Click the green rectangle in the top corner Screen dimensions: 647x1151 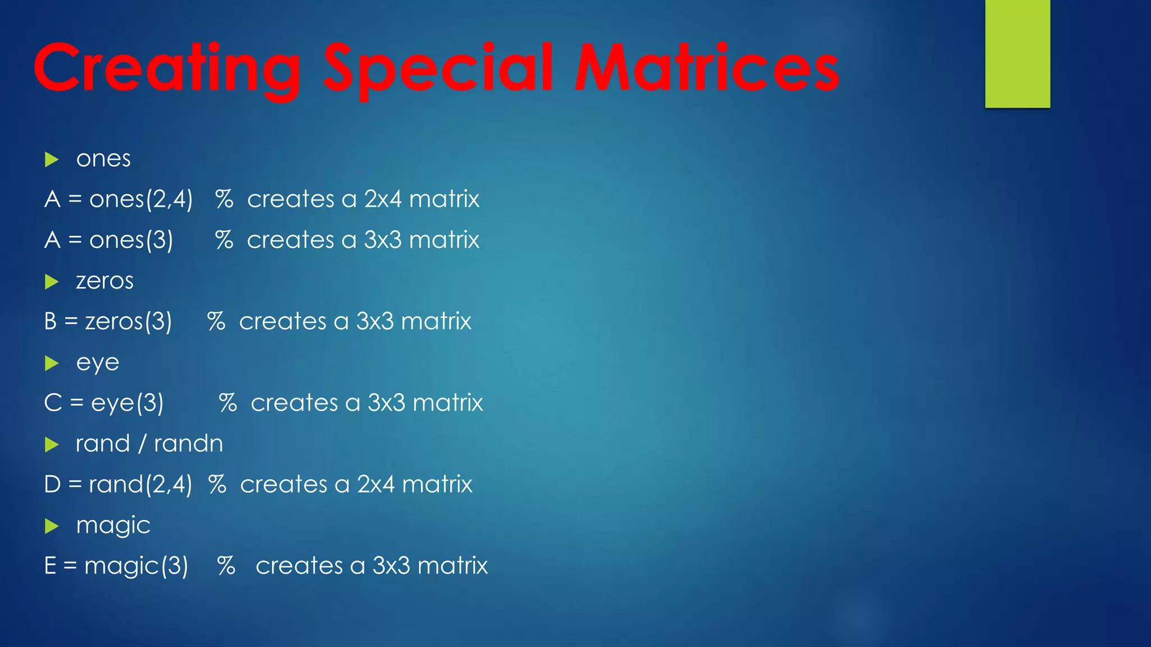[x=1017, y=53]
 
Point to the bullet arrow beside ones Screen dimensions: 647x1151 [x=52, y=160]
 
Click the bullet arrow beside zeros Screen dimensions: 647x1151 [x=52, y=281]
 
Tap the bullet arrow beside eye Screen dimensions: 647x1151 [x=52, y=363]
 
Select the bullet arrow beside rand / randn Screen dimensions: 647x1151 [x=52, y=445]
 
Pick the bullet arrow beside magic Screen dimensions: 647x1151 [x=52, y=526]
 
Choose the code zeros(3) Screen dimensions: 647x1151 [x=128, y=322]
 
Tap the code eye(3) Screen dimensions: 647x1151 [x=127, y=403]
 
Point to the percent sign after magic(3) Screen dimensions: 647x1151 [x=226, y=566]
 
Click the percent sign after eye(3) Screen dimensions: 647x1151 [x=228, y=403]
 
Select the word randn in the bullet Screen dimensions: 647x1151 [x=188, y=444]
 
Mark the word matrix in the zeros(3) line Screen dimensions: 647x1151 [x=436, y=321]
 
